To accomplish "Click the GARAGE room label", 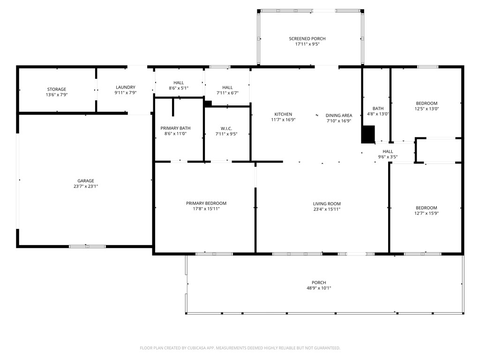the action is (x=86, y=181).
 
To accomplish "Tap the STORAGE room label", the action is (x=57, y=90).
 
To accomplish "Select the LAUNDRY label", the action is (x=126, y=87).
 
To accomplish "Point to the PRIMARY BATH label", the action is (x=175, y=128).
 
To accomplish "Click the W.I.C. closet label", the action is (x=226, y=128).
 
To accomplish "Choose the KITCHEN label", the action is (x=283, y=114).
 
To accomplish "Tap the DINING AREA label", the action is (x=339, y=115).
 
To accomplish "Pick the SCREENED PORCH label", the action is (x=307, y=38).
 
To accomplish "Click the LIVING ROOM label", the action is (x=327, y=204).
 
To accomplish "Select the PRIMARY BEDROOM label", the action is (x=206, y=203).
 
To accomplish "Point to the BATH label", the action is (x=378, y=108).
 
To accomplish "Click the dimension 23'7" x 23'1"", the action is (x=86, y=186).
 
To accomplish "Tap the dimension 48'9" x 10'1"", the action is (x=319, y=288).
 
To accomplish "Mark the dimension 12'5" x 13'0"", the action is (x=427, y=109).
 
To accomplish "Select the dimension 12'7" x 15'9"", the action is (x=427, y=213).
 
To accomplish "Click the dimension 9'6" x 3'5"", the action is (x=388, y=157).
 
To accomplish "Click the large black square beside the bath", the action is (x=368, y=135).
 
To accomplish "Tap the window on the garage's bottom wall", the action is (x=87, y=247).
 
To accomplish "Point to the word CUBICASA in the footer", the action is (x=196, y=348).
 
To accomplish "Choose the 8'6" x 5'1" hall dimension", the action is (x=179, y=88).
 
